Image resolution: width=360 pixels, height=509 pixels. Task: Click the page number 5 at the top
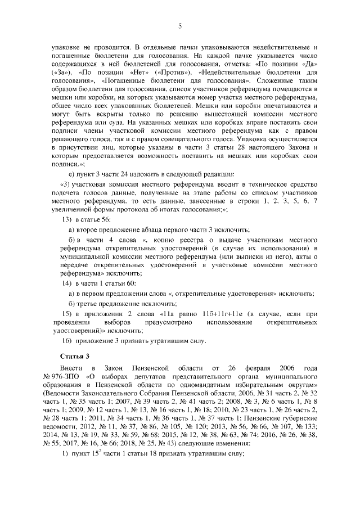[179, 26]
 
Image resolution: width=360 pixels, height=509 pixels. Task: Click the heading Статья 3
[73, 356]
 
